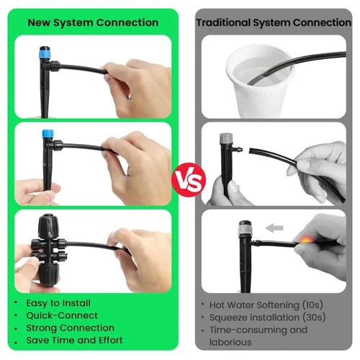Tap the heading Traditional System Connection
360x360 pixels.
(274, 22)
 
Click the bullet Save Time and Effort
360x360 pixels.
(73, 340)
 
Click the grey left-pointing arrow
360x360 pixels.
(274, 228)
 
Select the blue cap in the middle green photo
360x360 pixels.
(49, 135)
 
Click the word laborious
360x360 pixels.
(232, 343)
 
